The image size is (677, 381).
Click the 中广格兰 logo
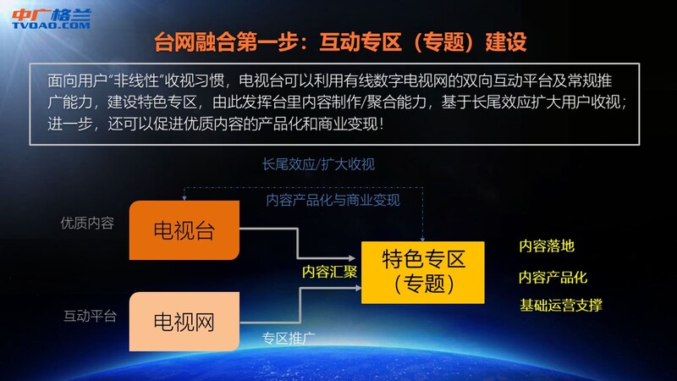click(52, 19)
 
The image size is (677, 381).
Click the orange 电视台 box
click(184, 229)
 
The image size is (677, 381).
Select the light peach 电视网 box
click(184, 322)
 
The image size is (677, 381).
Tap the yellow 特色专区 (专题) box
click(422, 273)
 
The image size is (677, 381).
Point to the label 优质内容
click(87, 223)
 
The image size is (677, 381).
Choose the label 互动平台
click(90, 316)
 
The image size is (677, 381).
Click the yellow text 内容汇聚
click(329, 272)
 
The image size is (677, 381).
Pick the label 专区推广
click(289, 338)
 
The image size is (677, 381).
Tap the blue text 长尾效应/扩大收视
click(318, 164)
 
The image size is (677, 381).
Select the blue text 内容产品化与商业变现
click(333, 200)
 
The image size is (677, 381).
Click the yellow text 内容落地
click(547, 246)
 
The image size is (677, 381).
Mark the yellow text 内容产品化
click(553, 277)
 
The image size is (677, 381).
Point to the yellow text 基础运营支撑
click(561, 305)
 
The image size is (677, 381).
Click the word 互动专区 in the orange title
click(361, 41)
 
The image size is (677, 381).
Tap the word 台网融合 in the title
click(195, 41)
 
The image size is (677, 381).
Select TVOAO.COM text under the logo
click(52, 25)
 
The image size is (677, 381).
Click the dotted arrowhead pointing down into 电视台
click(184, 198)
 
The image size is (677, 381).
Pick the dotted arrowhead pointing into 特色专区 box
click(422, 240)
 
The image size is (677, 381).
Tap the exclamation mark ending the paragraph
click(380, 124)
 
